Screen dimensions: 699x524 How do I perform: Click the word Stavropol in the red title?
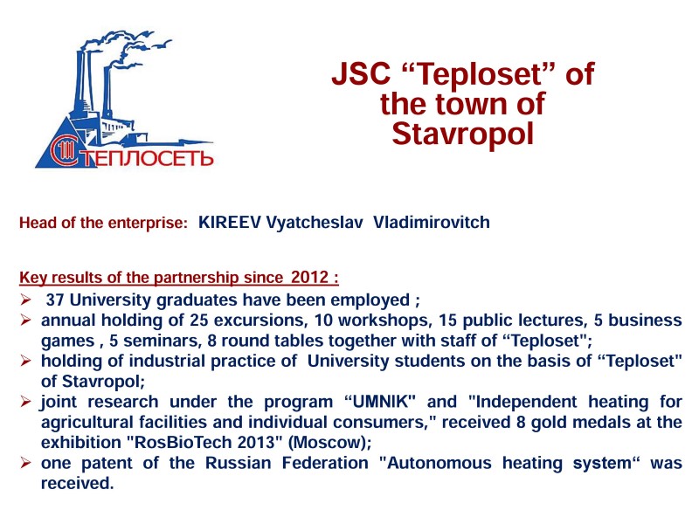pyautogui.click(x=463, y=134)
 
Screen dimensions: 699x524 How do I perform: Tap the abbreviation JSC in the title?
pyautogui.click(x=361, y=73)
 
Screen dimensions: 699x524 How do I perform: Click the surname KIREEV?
pyautogui.click(x=229, y=222)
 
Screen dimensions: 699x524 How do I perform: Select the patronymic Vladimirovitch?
pyautogui.click(x=432, y=222)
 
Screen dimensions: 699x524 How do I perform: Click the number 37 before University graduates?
pyautogui.click(x=55, y=300)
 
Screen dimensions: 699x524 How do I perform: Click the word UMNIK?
pyautogui.click(x=380, y=402)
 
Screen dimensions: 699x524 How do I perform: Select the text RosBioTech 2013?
pyautogui.click(x=205, y=443)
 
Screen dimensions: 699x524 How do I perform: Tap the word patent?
pyautogui.click(x=107, y=463)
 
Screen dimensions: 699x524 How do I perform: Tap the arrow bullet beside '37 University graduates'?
pyautogui.click(x=25, y=300)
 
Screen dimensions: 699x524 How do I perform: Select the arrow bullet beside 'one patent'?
pyautogui.click(x=25, y=463)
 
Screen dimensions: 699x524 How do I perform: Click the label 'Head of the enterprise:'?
pyautogui.click(x=103, y=223)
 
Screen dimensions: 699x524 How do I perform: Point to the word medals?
pyautogui.click(x=601, y=422)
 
